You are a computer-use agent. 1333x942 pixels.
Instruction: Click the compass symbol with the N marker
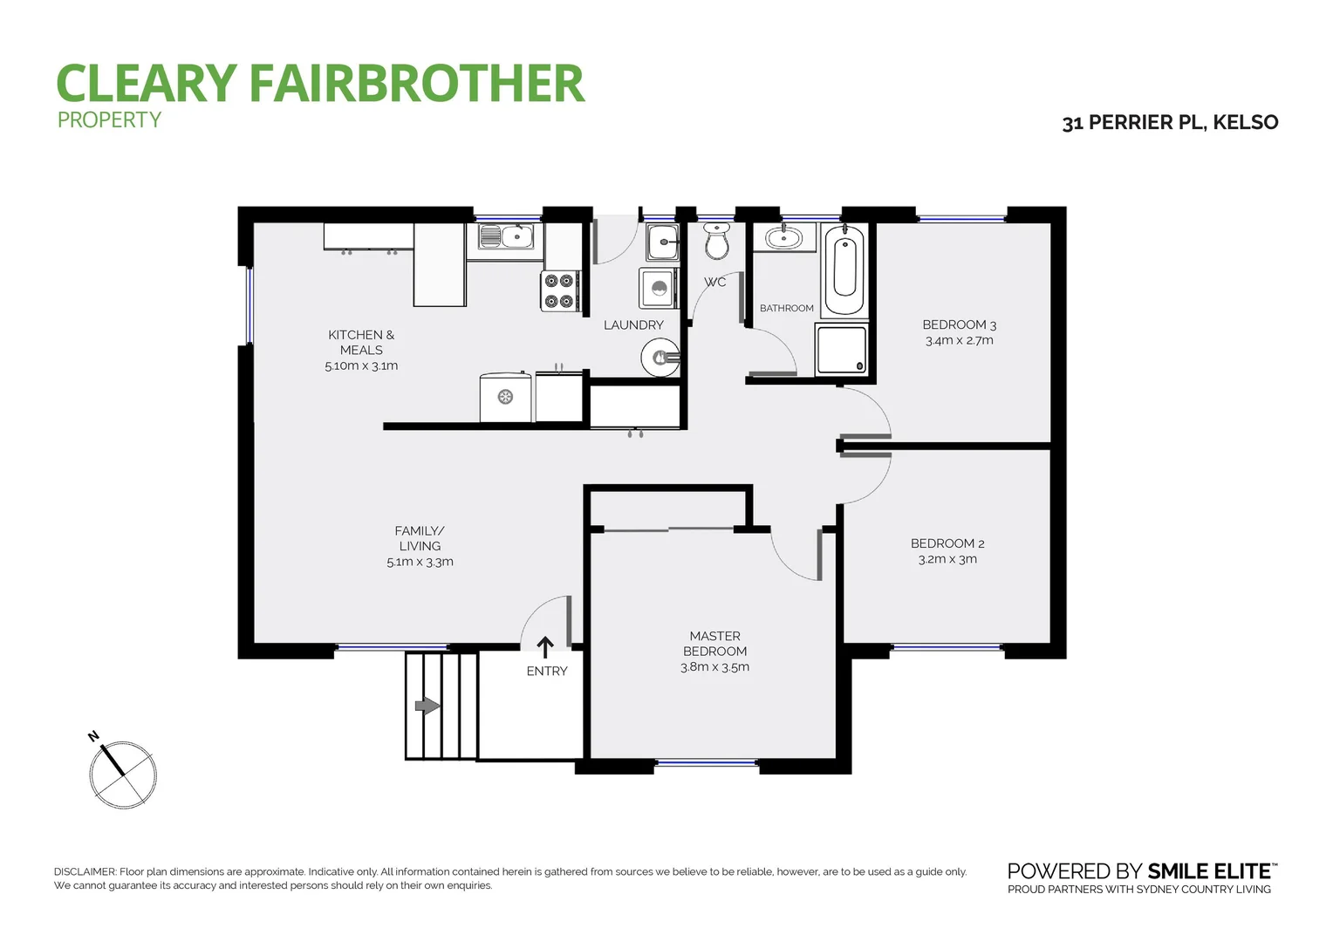122,774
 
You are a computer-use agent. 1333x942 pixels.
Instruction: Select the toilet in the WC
716,241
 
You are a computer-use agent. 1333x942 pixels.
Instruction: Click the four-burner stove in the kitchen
559,291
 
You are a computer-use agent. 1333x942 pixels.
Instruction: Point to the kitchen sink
506,236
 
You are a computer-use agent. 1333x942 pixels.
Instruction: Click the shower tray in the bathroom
841,350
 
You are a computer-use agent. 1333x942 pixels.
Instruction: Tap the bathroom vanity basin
783,237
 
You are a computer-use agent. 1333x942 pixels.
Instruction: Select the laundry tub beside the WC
663,241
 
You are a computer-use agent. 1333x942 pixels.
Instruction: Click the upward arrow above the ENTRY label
545,647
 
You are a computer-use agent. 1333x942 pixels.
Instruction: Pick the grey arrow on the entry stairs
427,706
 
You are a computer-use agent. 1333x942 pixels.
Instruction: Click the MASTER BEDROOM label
714,644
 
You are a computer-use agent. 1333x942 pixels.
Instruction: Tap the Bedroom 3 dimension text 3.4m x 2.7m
959,341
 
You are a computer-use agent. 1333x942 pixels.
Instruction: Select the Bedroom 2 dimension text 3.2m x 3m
947,559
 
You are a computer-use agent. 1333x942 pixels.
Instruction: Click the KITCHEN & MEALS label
361,342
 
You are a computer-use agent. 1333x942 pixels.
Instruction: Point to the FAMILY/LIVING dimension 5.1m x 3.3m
420,562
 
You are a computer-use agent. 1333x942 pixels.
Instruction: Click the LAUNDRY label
633,325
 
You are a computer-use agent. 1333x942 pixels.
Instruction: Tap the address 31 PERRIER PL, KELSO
1170,123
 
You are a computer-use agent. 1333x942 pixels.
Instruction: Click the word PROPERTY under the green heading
110,120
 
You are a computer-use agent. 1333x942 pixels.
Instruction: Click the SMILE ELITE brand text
1209,871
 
